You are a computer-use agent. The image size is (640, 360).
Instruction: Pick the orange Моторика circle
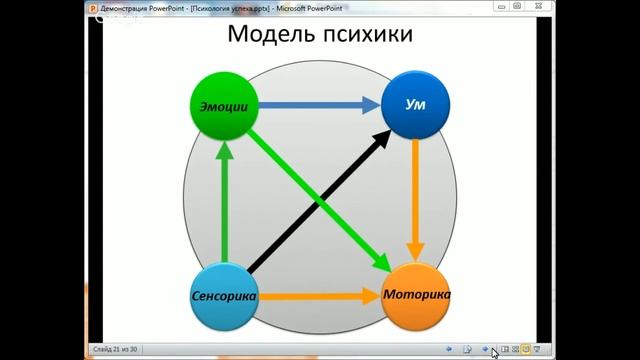click(416, 297)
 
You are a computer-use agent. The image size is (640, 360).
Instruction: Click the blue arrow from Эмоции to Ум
click(318, 104)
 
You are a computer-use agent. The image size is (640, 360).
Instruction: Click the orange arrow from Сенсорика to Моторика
click(318, 297)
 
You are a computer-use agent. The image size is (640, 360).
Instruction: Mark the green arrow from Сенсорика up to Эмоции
click(224, 200)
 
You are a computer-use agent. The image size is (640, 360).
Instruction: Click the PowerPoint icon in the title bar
click(92, 6)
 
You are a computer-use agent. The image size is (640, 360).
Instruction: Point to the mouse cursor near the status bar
click(495, 352)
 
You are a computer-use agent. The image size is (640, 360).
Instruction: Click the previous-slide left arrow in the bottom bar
click(449, 349)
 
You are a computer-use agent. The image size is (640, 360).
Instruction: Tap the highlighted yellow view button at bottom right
click(526, 349)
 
